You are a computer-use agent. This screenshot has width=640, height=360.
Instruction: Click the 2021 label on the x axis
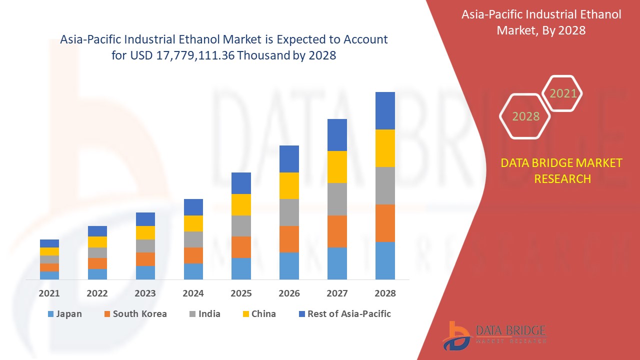(49, 293)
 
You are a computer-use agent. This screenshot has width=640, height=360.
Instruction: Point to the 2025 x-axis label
(241, 293)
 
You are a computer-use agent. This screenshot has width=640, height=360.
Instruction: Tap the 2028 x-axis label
(385, 293)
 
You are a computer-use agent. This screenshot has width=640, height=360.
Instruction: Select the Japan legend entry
(64, 314)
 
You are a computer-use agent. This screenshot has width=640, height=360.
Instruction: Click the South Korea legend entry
(135, 314)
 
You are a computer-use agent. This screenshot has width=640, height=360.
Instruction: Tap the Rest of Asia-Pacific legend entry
(344, 314)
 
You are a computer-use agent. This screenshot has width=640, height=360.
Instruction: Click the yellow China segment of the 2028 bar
(385, 148)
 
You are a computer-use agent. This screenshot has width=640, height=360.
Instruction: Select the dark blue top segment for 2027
(337, 135)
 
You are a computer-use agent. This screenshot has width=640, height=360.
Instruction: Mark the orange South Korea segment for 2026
(289, 239)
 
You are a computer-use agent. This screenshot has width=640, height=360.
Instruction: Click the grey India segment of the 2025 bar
(241, 226)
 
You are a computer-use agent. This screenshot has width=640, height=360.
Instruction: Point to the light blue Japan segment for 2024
(193, 271)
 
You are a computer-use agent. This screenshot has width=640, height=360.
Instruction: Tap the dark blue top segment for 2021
(49, 243)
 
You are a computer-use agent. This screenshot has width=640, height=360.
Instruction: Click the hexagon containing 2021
(562, 93)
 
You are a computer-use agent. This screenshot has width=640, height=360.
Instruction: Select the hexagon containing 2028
(525, 116)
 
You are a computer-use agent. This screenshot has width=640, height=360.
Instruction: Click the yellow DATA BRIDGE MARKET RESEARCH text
(562, 170)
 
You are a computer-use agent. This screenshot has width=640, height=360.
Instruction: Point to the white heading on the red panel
(541, 22)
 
